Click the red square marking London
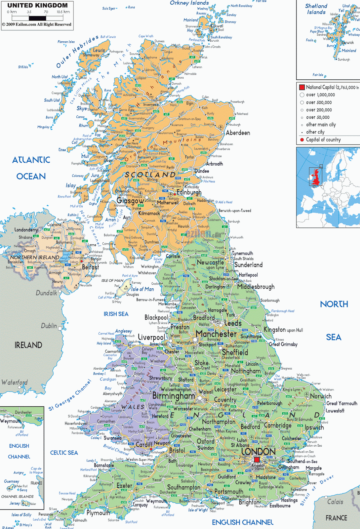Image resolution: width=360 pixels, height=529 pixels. coord(257,460)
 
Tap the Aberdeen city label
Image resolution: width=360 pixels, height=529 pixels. coord(238,133)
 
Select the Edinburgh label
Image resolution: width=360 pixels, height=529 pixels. coord(189,192)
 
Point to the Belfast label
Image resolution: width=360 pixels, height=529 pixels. coord(90,267)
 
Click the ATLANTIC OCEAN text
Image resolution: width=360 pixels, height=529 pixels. coord(31,168)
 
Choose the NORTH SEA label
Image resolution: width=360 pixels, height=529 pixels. coord(334,320)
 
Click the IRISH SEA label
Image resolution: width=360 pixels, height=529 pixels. coord(116,314)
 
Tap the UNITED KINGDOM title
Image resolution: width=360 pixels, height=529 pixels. coord(37,5)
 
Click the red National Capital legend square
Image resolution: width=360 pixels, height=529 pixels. coord(302,87)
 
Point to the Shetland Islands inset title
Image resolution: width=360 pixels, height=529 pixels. coord(316,9)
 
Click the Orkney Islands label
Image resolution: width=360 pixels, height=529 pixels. coord(189,3)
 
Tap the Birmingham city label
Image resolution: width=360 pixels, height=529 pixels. coord(174,396)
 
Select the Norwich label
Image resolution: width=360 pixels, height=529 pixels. coord(321,396)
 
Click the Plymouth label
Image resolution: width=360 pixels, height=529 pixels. coord(98,513)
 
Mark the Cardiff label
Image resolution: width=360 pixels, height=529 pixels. coord(144,444)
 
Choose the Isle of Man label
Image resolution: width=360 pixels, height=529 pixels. coord(142,289)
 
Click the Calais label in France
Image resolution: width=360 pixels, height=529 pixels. coord(335,502)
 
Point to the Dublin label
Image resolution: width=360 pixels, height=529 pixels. coord(49,326)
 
